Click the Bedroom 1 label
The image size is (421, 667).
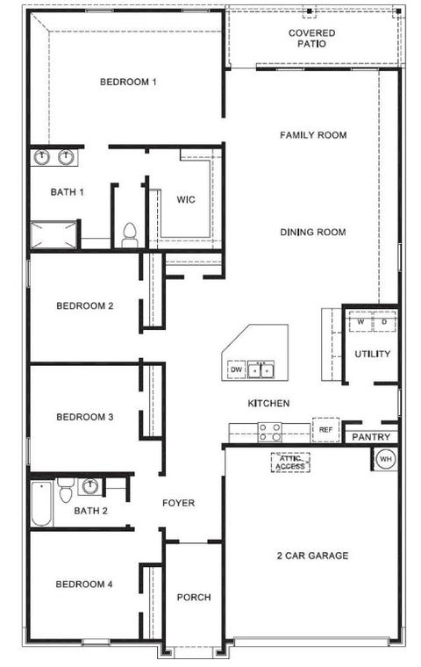[x=128, y=82]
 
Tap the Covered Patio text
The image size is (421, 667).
[x=311, y=39]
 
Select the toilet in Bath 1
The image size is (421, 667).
[x=129, y=236]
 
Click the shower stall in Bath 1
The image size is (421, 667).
[x=54, y=234]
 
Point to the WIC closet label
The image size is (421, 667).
[x=186, y=199]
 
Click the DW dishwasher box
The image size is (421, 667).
[x=237, y=369]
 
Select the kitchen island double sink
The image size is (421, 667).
[x=260, y=369]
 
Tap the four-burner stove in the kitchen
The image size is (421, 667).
[x=270, y=432]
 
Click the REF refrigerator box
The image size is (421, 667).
[x=325, y=430]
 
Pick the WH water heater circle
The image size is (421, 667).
[x=386, y=459]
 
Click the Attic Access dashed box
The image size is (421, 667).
[x=290, y=463]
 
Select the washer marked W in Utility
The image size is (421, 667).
[x=360, y=321]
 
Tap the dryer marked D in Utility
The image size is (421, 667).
[x=384, y=321]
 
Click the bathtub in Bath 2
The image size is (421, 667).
[x=42, y=504]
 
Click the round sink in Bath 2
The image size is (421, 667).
[x=90, y=486]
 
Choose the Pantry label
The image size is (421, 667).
[x=371, y=437]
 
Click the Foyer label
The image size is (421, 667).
[x=179, y=503]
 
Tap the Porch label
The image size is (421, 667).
[x=194, y=598]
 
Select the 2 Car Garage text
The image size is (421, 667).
[x=312, y=556]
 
